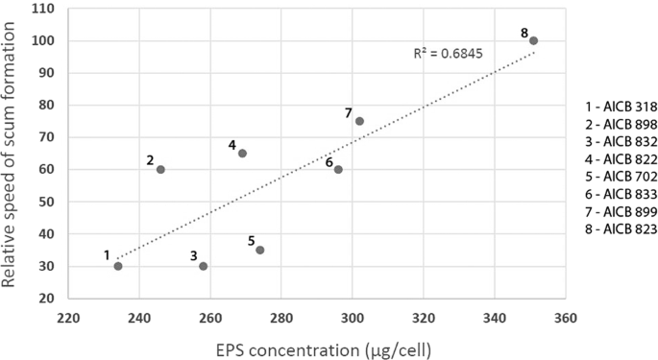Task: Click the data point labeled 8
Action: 533,40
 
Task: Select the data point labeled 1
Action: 118,266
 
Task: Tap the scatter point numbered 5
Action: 259,250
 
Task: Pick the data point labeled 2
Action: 160,169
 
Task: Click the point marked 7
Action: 359,121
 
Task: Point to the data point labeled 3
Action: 203,266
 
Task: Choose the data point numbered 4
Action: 242,154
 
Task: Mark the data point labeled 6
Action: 338,169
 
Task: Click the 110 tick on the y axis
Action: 41,9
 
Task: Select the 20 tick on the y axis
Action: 45,299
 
